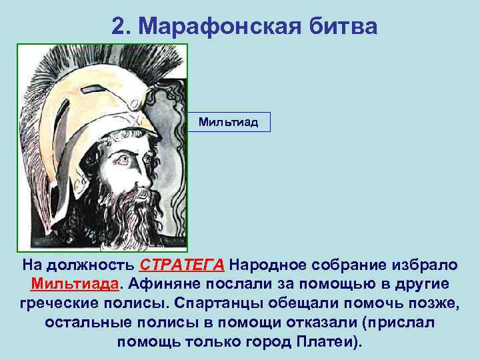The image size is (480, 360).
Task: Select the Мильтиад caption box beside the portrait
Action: coord(229,122)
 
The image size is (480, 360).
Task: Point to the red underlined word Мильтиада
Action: coord(75,285)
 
